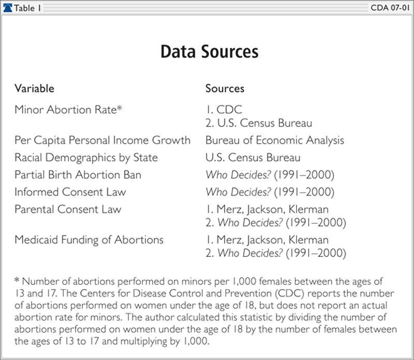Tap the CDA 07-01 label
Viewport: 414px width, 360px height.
pos(391,8)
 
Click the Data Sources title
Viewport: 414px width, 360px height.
pos(209,52)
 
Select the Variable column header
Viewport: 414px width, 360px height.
pos(34,89)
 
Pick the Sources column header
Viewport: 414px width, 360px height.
pos(225,89)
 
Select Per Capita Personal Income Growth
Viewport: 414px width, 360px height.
pos(102,140)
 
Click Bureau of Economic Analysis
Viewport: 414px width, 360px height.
pos(274,140)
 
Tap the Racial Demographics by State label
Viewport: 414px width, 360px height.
pos(86,157)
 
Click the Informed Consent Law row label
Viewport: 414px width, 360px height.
pos(70,192)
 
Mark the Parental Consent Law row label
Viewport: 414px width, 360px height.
pos(68,209)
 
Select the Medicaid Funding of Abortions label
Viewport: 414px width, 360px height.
pos(89,240)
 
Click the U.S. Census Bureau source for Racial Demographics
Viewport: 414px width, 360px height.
pos(253,157)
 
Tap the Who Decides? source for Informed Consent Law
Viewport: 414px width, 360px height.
pos(269,192)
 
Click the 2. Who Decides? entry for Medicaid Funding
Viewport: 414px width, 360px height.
pos(275,253)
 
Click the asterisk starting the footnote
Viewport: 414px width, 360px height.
pos(17,281)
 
